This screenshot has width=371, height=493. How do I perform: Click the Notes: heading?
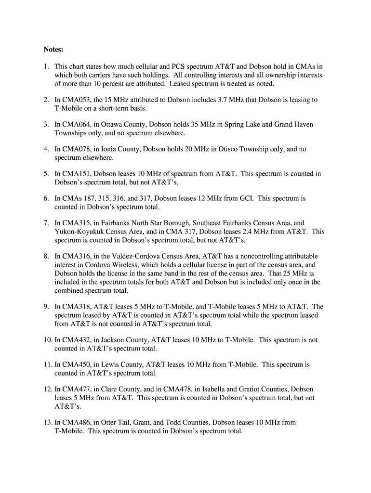tap(53, 50)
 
